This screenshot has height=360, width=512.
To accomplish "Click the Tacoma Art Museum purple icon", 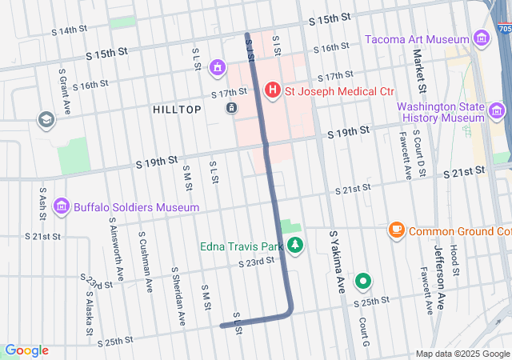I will (x=481, y=39).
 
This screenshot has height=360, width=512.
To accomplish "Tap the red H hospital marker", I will (x=272, y=90).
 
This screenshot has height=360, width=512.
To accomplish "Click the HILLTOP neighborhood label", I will (x=176, y=110).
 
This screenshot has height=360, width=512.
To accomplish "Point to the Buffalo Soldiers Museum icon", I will (x=61, y=207).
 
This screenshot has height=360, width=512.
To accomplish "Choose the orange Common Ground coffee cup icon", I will (x=395, y=231).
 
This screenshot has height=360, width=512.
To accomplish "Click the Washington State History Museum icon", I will (x=497, y=110).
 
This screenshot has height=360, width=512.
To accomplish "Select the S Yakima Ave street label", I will (x=338, y=261).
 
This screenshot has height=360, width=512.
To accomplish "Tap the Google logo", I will (x=26, y=350).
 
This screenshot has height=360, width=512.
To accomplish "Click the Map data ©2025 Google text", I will (x=462, y=354).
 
